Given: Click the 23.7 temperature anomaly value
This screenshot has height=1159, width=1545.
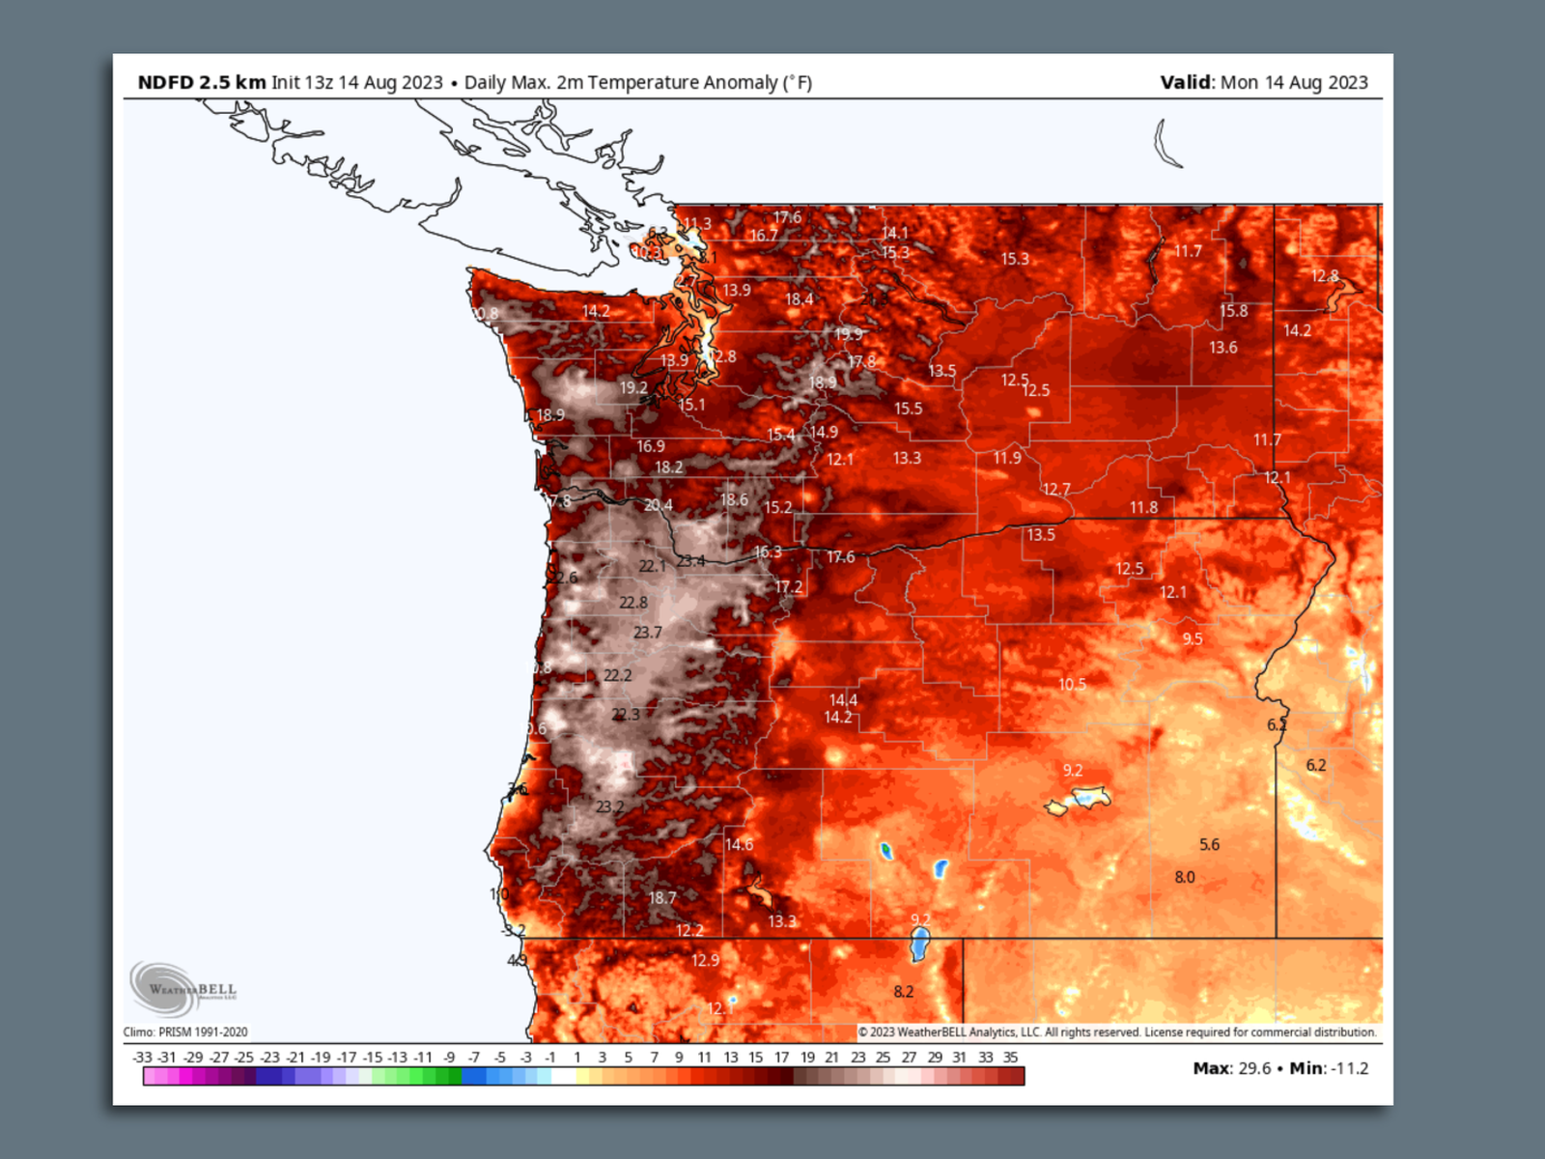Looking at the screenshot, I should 648,633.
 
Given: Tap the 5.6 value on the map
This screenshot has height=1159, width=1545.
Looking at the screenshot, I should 1209,844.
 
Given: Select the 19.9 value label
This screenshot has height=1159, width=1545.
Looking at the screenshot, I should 849,334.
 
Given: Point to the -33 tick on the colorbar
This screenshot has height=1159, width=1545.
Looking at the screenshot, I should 142,1058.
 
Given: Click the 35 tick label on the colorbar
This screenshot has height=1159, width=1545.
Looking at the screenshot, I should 1010,1058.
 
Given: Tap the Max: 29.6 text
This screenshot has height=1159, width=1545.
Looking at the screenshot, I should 1231,1068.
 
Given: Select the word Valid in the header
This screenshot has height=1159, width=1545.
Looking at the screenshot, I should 1185,82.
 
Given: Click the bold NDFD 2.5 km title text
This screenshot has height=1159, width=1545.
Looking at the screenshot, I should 201,82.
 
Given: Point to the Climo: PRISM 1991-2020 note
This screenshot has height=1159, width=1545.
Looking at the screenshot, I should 185,1032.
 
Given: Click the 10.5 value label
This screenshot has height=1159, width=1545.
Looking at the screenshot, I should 1072,684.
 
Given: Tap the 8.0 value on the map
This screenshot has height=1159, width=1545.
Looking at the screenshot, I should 1185,877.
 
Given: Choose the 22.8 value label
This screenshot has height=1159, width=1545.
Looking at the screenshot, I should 633,603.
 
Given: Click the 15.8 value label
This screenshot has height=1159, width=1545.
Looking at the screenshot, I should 1233,311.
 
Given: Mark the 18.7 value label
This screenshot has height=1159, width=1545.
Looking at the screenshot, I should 661,897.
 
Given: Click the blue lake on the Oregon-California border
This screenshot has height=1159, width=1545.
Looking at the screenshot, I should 920,944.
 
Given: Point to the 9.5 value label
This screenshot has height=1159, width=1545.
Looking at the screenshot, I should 1192,638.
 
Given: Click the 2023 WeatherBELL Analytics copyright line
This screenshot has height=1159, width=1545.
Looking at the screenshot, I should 1117,1032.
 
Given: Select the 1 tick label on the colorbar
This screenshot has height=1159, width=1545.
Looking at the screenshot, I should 577,1058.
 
